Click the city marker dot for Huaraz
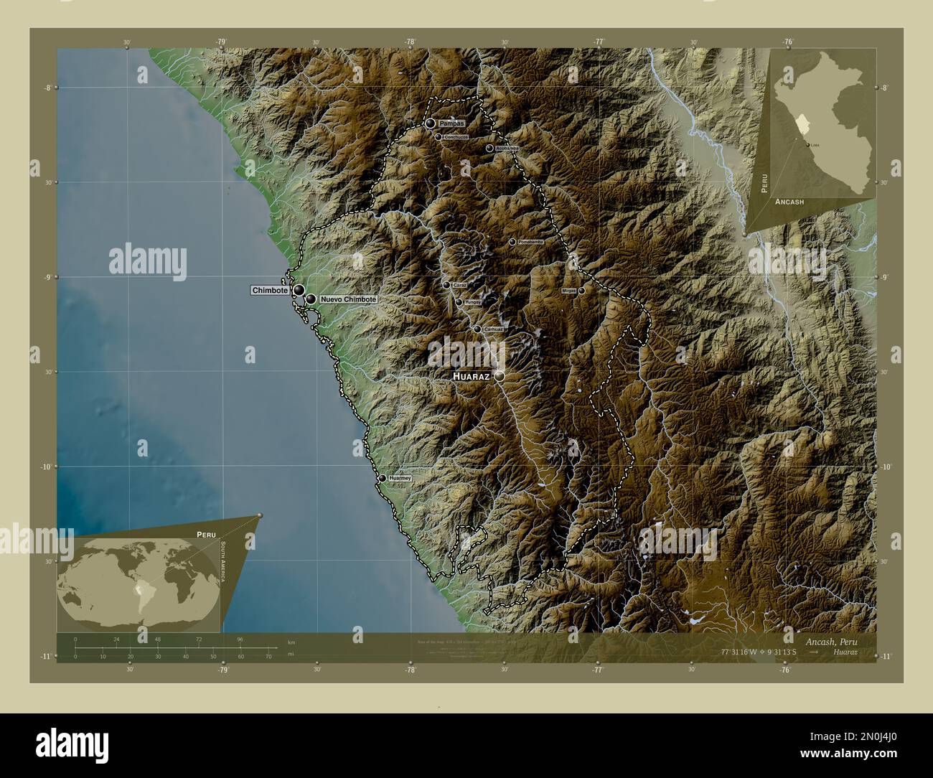[499, 375]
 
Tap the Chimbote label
[270, 291]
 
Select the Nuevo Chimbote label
[348, 299]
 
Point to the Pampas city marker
[430, 123]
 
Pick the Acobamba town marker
[489, 149]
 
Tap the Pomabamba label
[530, 243]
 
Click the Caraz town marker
[446, 285]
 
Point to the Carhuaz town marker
[477, 329]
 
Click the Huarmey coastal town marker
[382, 478]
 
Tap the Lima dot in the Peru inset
[810, 146]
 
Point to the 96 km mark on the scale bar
[240, 639]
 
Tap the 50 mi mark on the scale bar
[213, 656]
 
